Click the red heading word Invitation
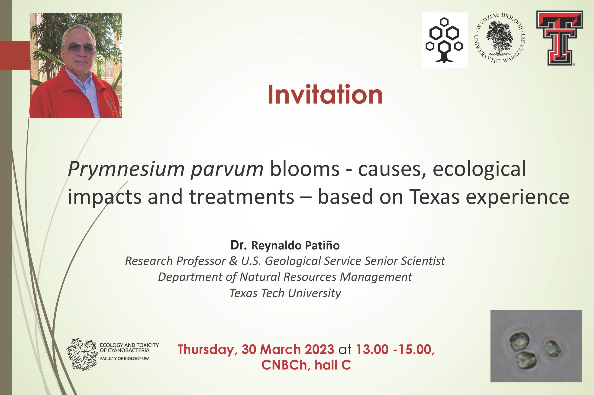[325, 94]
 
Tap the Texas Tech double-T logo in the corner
[560, 38]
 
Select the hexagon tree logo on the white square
[444, 40]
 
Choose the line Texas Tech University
[285, 293]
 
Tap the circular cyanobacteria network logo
[82, 354]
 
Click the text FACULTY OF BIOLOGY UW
[125, 359]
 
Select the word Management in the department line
[376, 277]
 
